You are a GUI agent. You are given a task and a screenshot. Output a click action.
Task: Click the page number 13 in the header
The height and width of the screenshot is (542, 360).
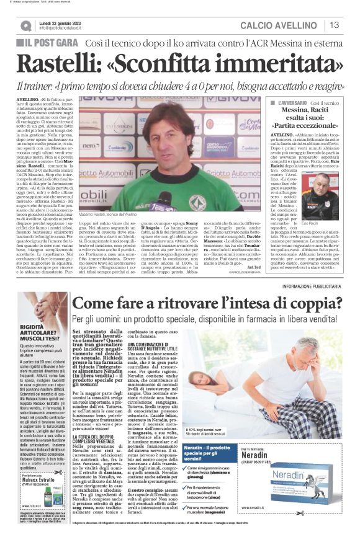click(335, 25)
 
